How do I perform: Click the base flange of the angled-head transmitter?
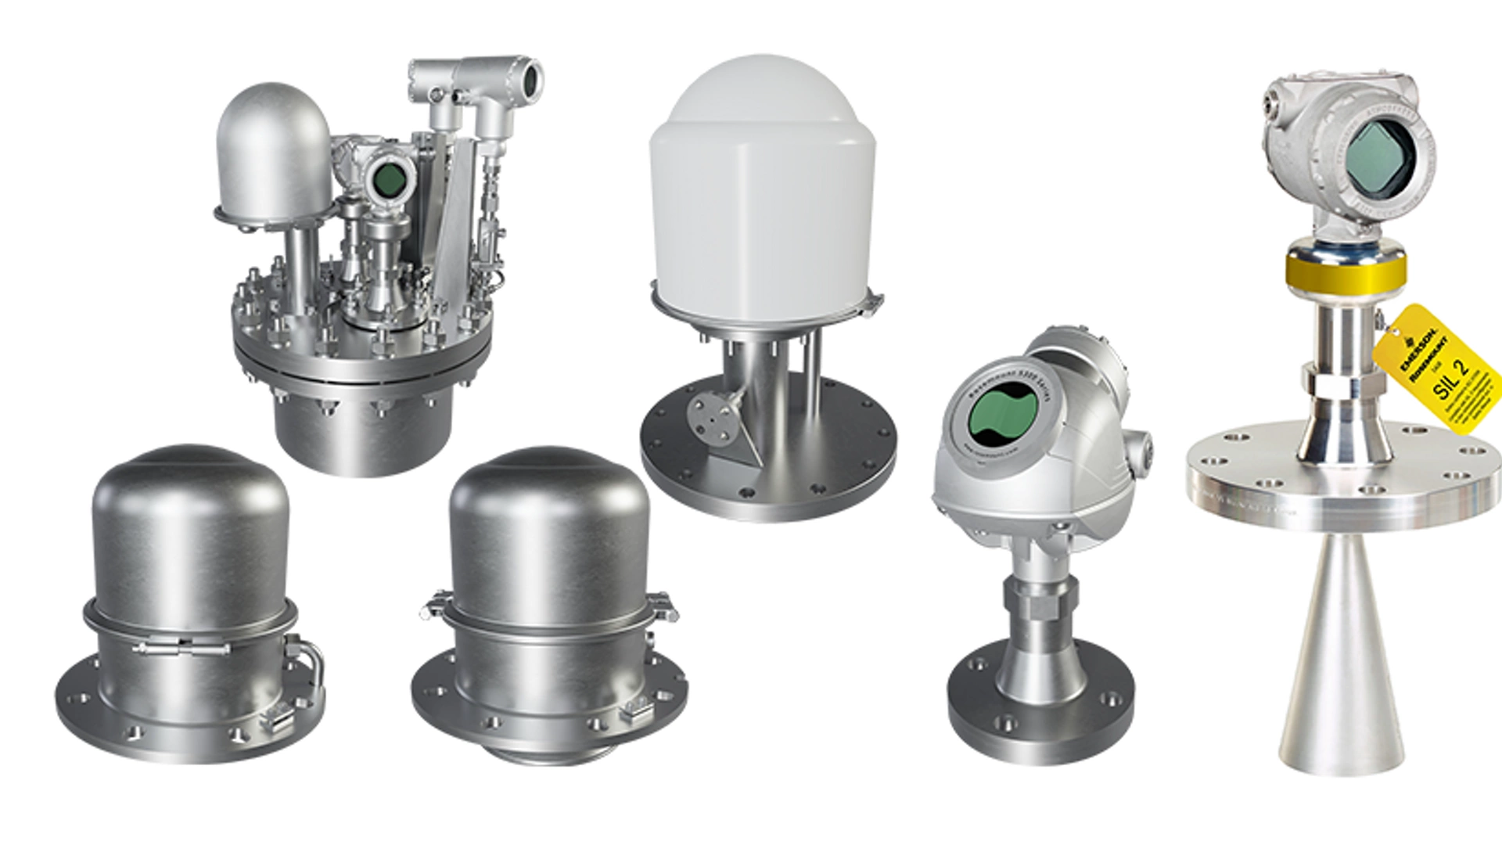coord(1040,708)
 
